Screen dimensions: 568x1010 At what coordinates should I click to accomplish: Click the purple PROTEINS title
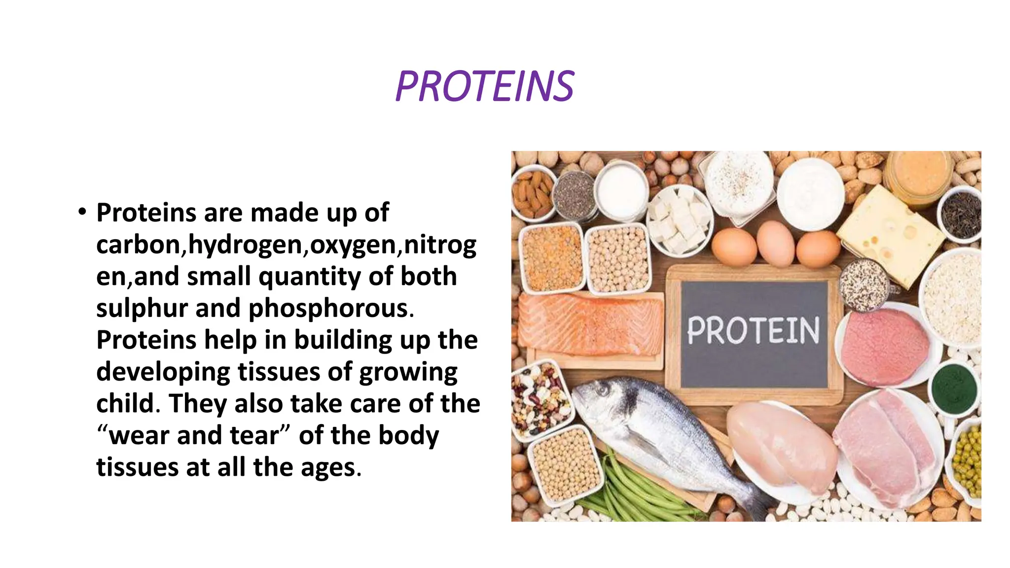coord(485,87)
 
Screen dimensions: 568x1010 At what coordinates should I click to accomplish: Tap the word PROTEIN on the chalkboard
coord(753,331)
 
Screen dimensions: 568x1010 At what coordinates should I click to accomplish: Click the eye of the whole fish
coord(602,390)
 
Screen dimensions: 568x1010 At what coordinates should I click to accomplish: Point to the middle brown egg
coord(775,243)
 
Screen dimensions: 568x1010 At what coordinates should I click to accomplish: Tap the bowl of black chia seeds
coord(574,195)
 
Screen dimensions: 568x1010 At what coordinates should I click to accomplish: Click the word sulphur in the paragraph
coord(142,309)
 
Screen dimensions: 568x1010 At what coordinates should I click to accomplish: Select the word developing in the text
coord(163,372)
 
